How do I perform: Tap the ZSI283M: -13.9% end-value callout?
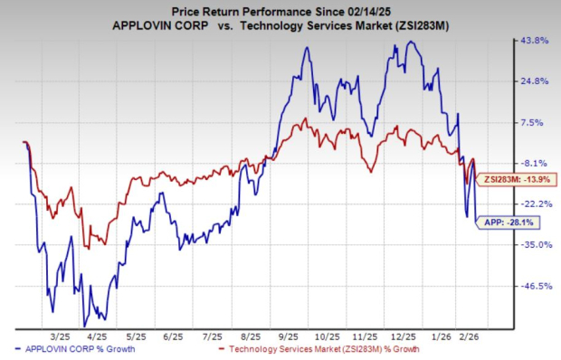(509, 181)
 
